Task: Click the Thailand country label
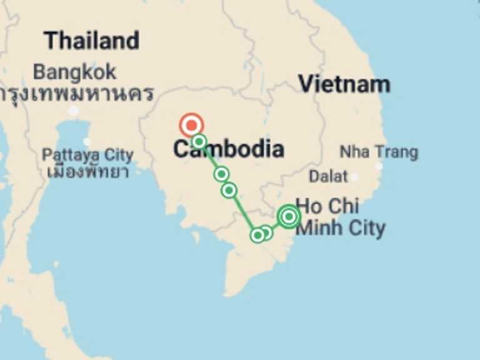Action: point(92,41)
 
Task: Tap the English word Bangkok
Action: point(74,72)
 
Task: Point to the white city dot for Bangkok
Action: point(74,111)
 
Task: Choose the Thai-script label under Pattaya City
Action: point(87,170)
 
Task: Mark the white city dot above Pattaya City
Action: point(87,141)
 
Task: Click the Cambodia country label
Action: point(228,149)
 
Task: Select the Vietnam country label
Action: point(344,84)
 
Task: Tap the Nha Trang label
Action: point(379,152)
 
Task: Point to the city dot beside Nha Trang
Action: point(379,166)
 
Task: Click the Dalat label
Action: point(328,176)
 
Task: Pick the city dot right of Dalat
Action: point(354,177)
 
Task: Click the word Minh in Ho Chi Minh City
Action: point(319,228)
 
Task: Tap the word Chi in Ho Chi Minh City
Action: point(345,206)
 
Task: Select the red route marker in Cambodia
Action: point(191,125)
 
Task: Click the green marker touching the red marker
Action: point(199,141)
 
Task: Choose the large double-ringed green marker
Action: point(289,216)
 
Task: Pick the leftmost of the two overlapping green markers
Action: point(257,235)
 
